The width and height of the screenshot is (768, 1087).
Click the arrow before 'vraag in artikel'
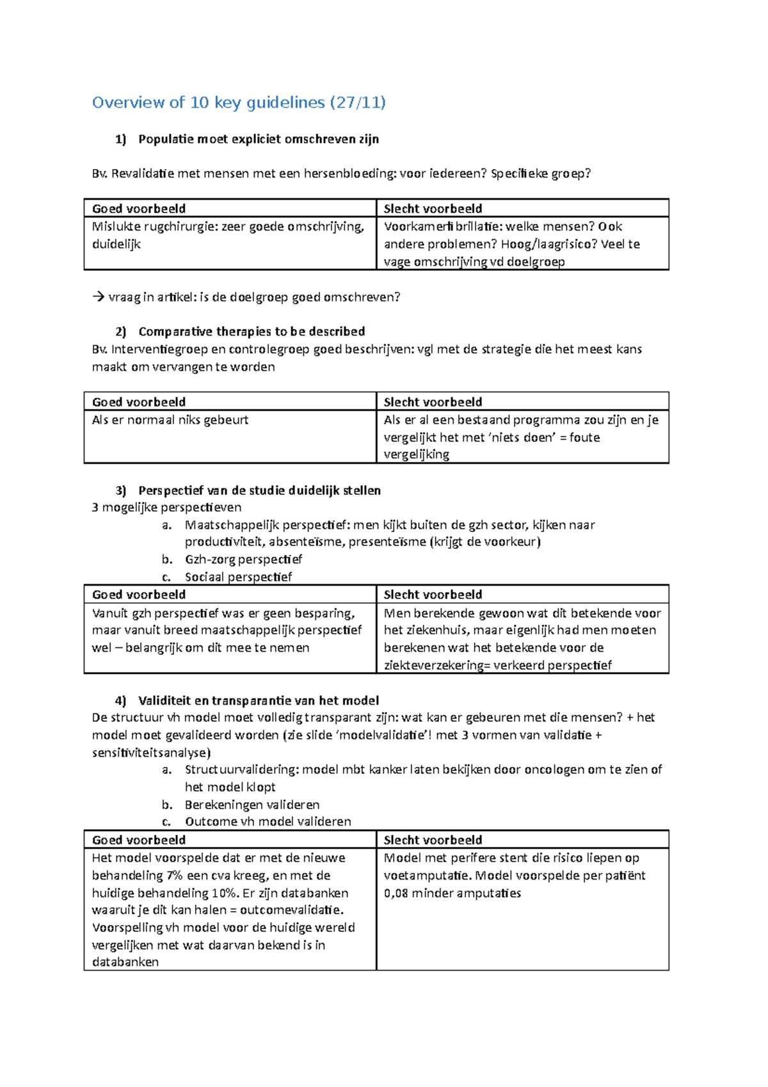tap(98, 297)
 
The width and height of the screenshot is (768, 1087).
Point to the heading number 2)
tap(121, 332)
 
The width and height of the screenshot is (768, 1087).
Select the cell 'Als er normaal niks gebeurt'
tap(170, 420)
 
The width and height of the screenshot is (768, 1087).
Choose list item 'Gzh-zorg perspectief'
tap(243, 560)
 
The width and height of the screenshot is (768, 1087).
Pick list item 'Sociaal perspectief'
tap(238, 577)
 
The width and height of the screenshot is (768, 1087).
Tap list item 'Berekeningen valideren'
tap(252, 805)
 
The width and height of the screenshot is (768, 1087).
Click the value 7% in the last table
tap(174, 876)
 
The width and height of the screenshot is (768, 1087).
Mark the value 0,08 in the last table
tap(396, 893)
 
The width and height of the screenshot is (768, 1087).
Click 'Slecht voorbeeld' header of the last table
tap(433, 840)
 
